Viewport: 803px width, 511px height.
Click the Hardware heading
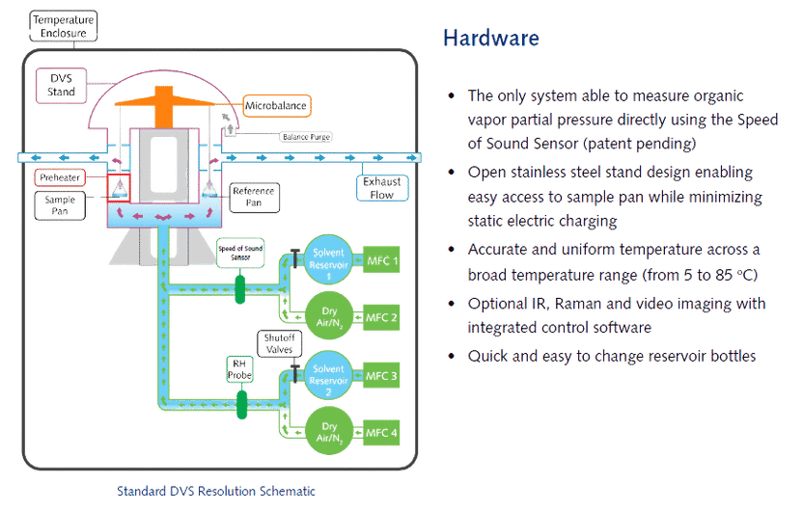click(x=490, y=39)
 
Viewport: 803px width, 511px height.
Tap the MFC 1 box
click(x=381, y=261)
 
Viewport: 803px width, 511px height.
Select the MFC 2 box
click(x=381, y=317)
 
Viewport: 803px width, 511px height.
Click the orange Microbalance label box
click(x=277, y=104)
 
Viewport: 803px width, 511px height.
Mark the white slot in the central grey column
click(x=174, y=159)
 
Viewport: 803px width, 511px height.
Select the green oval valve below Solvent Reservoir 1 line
click(x=241, y=286)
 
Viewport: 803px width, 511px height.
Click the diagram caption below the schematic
click(x=214, y=490)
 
